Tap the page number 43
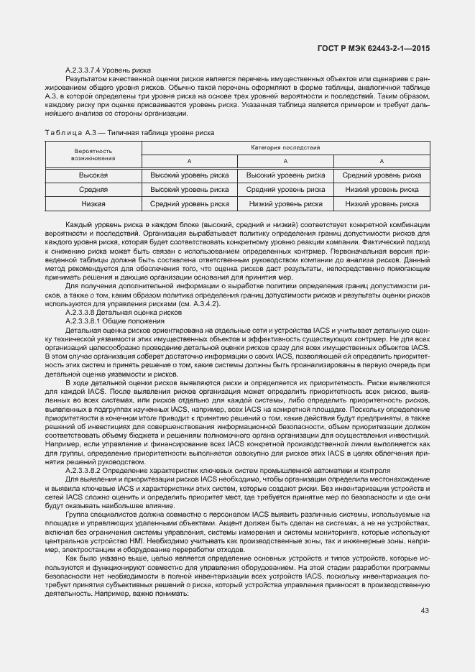425,610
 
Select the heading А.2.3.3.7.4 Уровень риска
108,70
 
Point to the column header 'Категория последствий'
285,147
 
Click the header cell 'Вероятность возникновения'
93,155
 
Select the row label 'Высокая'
93,175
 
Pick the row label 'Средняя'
93,190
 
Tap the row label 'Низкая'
93,204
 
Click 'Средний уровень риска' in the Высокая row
382,175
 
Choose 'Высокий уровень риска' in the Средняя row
190,190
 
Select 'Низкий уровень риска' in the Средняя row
382,190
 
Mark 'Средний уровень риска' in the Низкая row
190,204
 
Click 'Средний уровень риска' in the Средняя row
285,190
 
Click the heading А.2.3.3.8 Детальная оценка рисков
119,313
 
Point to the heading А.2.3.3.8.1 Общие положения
114,321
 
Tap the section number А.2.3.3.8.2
85,470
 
